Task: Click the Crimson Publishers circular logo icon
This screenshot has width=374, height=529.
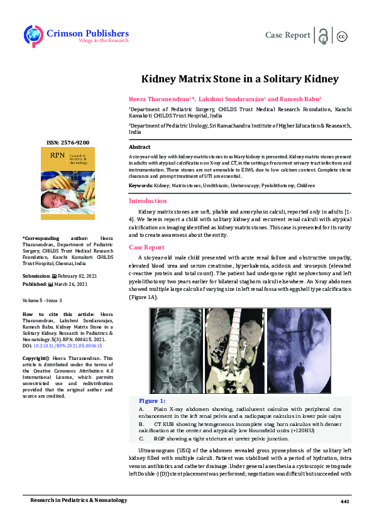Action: (x=33, y=35)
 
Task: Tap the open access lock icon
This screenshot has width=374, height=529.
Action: (x=322, y=35)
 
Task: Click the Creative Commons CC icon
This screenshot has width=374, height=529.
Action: (x=343, y=36)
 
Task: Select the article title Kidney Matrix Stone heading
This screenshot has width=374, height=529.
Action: (x=239, y=79)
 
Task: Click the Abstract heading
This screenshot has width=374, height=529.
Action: (x=139, y=146)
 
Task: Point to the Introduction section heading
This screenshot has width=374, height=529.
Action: (x=148, y=201)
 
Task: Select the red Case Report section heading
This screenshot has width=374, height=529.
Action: (x=146, y=247)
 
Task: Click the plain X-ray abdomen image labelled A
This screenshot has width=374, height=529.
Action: (x=177, y=349)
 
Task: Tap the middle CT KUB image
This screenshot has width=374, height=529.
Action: (x=234, y=349)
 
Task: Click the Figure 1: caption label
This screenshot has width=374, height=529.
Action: (x=152, y=401)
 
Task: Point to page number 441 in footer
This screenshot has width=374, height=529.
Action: (x=344, y=500)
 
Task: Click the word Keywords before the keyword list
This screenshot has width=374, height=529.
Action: (x=140, y=187)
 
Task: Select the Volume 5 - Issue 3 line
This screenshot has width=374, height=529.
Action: (x=42, y=300)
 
